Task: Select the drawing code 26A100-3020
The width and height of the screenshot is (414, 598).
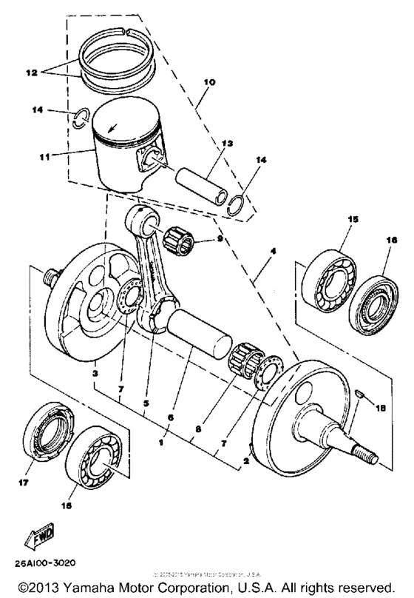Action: (x=47, y=562)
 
